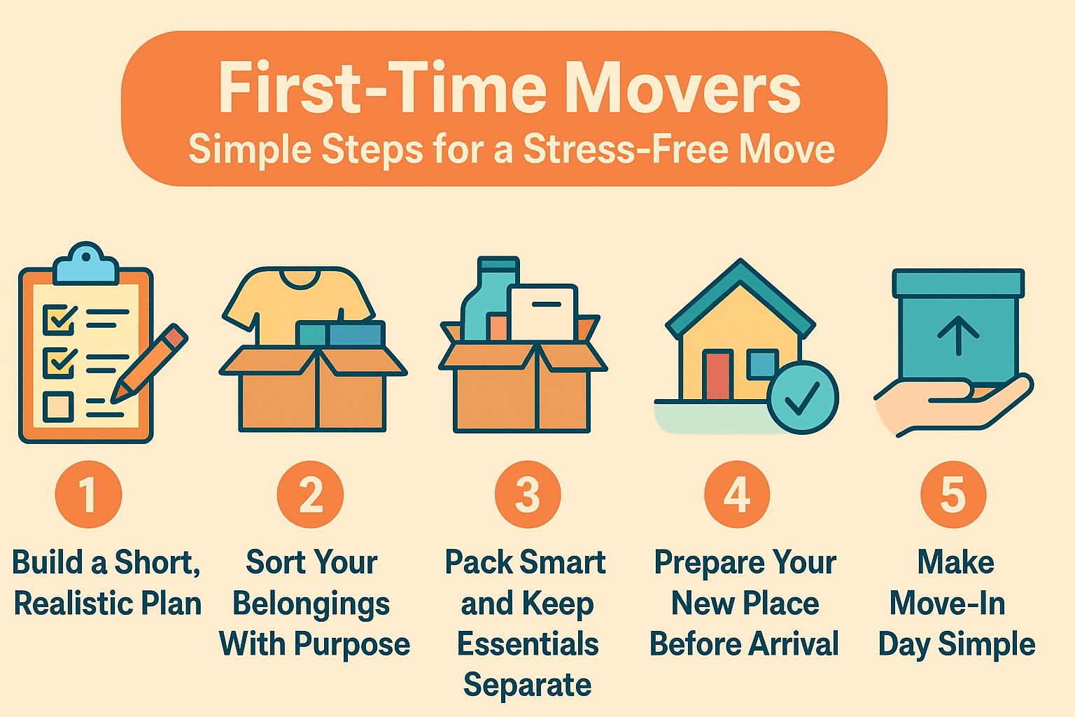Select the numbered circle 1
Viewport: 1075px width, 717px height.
click(88, 494)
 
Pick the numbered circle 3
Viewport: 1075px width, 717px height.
click(528, 494)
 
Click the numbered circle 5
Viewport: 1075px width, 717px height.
click(953, 494)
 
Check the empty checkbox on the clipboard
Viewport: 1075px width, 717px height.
click(58, 406)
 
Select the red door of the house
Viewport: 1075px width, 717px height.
click(718, 375)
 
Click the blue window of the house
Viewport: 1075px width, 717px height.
click(762, 364)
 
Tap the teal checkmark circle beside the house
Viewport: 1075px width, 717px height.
click(802, 398)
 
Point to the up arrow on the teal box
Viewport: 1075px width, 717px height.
click(958, 335)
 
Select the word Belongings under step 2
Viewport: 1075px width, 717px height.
click(311, 604)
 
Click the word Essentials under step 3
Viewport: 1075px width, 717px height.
click(528, 643)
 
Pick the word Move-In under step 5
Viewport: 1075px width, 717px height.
click(948, 603)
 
